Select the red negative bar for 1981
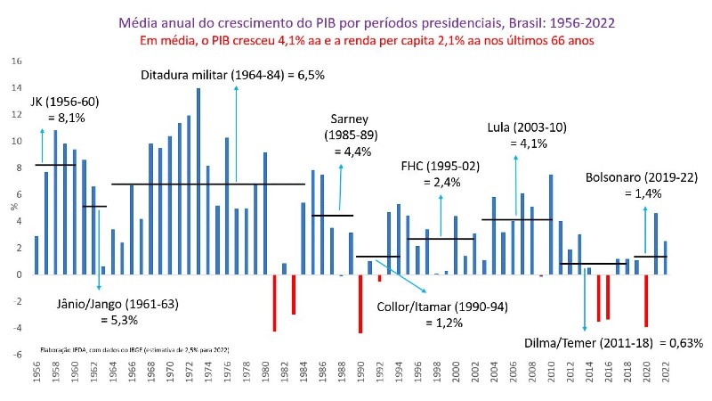[274, 303]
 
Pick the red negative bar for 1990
[360, 304]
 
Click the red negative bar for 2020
[646, 300]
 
